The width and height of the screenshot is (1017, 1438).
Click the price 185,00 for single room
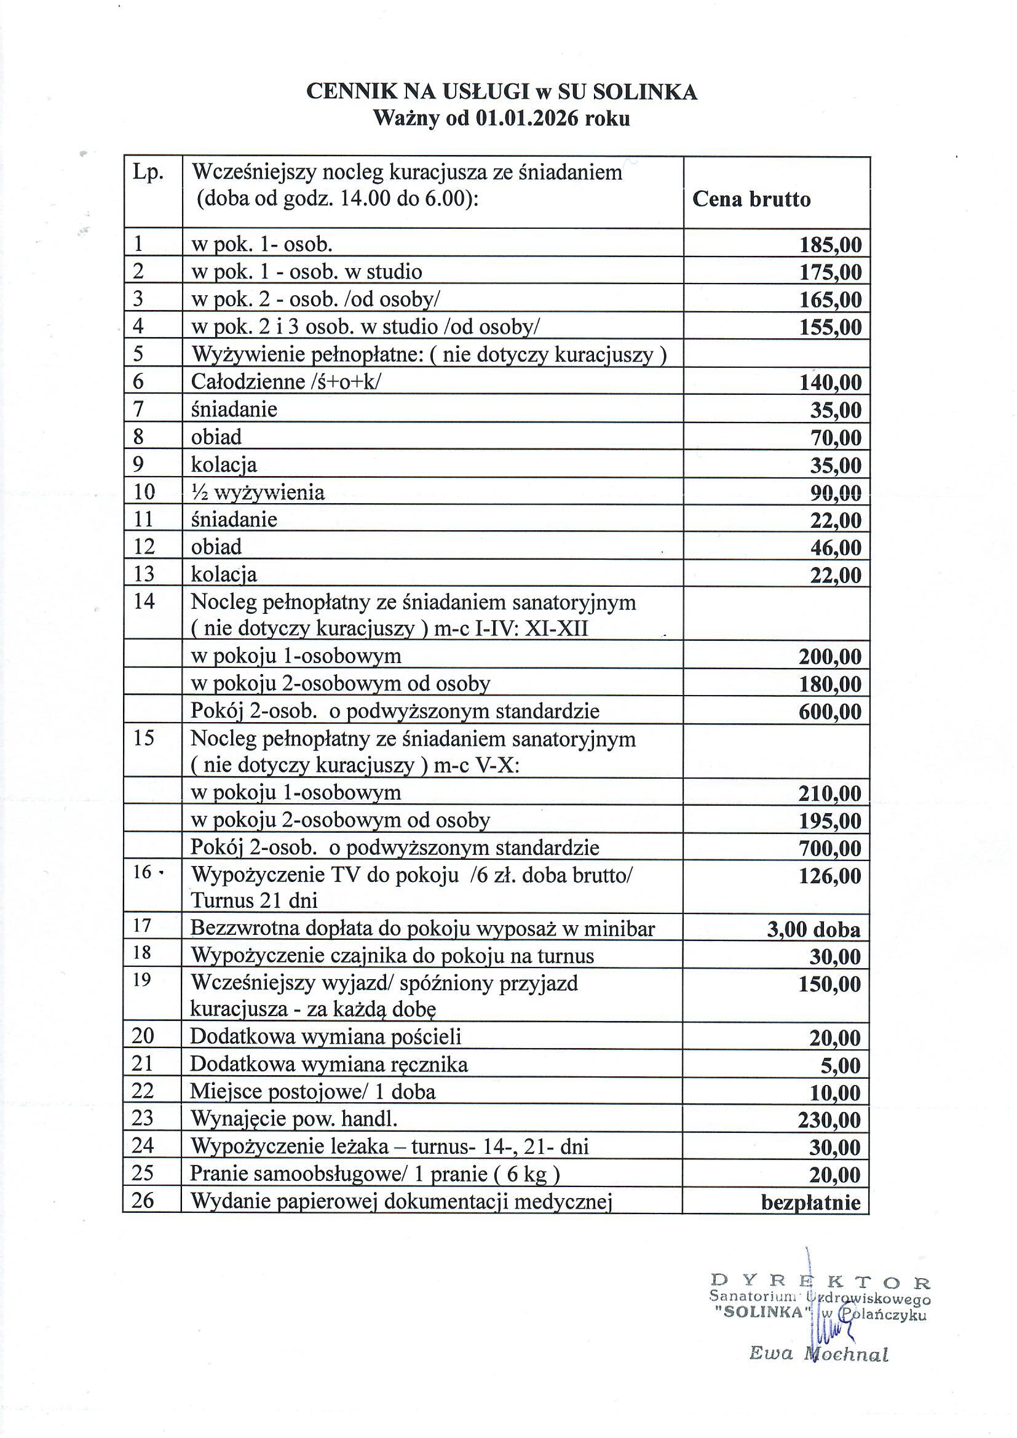(x=829, y=244)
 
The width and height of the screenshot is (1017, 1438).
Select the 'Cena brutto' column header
(x=751, y=199)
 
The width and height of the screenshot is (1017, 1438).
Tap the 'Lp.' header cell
(x=148, y=172)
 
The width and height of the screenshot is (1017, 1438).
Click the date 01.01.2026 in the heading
(x=527, y=118)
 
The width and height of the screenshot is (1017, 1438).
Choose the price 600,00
(x=829, y=712)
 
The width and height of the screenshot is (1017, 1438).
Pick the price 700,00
(x=829, y=849)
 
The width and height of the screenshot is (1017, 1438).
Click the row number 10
(x=144, y=492)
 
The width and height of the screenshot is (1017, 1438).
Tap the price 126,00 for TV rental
(x=829, y=876)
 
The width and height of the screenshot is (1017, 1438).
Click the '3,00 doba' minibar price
(x=813, y=929)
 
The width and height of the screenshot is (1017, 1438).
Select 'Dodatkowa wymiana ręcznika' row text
(x=329, y=1064)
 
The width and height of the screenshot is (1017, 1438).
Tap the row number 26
(x=143, y=1200)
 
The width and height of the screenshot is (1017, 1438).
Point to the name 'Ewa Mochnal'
(x=818, y=1354)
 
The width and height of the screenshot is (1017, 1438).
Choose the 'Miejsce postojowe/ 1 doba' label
(x=312, y=1092)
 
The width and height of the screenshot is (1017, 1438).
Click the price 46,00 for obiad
(x=836, y=548)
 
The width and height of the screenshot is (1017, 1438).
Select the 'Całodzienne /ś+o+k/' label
(x=285, y=381)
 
